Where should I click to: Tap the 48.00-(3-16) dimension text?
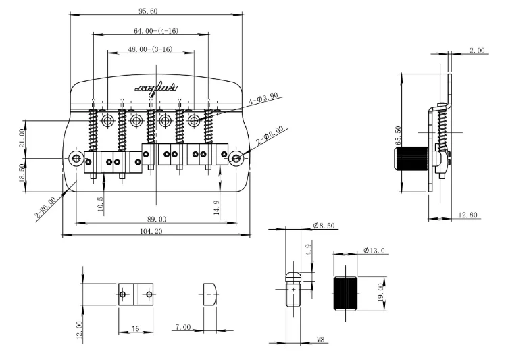149,49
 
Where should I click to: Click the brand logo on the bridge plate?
155,87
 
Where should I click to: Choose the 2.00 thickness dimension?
477,51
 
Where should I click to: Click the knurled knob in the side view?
409,159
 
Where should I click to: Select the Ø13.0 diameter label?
374,251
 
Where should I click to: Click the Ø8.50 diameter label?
325,226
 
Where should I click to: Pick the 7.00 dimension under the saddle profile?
182,327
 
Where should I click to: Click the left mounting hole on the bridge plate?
76,159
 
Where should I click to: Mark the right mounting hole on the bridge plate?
236,159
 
